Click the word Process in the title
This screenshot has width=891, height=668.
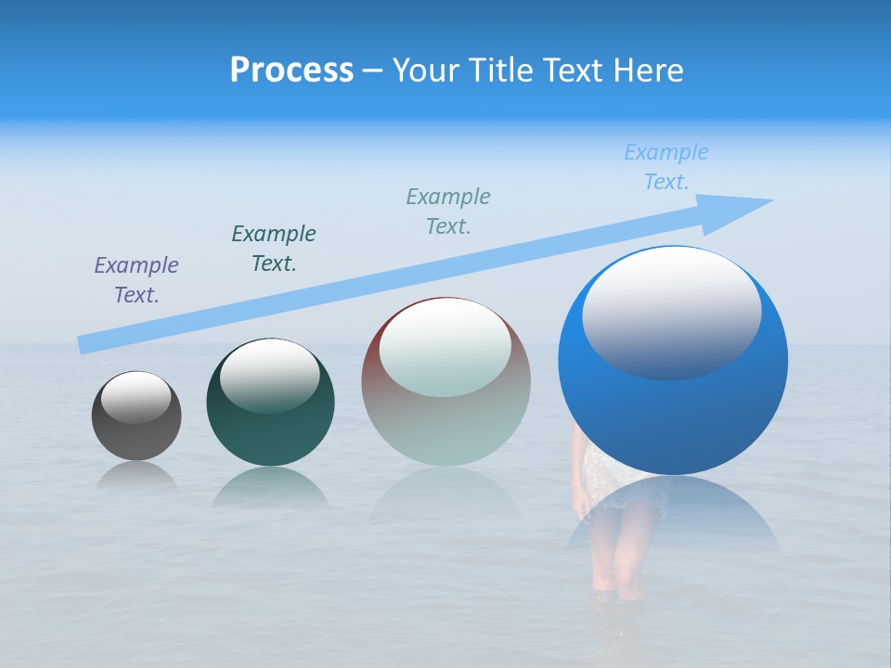coord(291,71)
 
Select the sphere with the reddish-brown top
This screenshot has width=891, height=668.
coord(445,408)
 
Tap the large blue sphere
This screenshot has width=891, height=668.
coord(673,408)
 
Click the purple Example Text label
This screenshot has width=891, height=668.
coord(136,280)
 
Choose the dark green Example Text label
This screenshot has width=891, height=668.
coord(274,249)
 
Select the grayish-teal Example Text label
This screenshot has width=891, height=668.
coord(448,212)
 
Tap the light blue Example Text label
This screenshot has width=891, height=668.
coord(666,167)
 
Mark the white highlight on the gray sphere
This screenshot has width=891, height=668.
coord(136,397)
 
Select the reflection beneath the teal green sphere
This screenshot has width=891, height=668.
coord(270,487)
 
